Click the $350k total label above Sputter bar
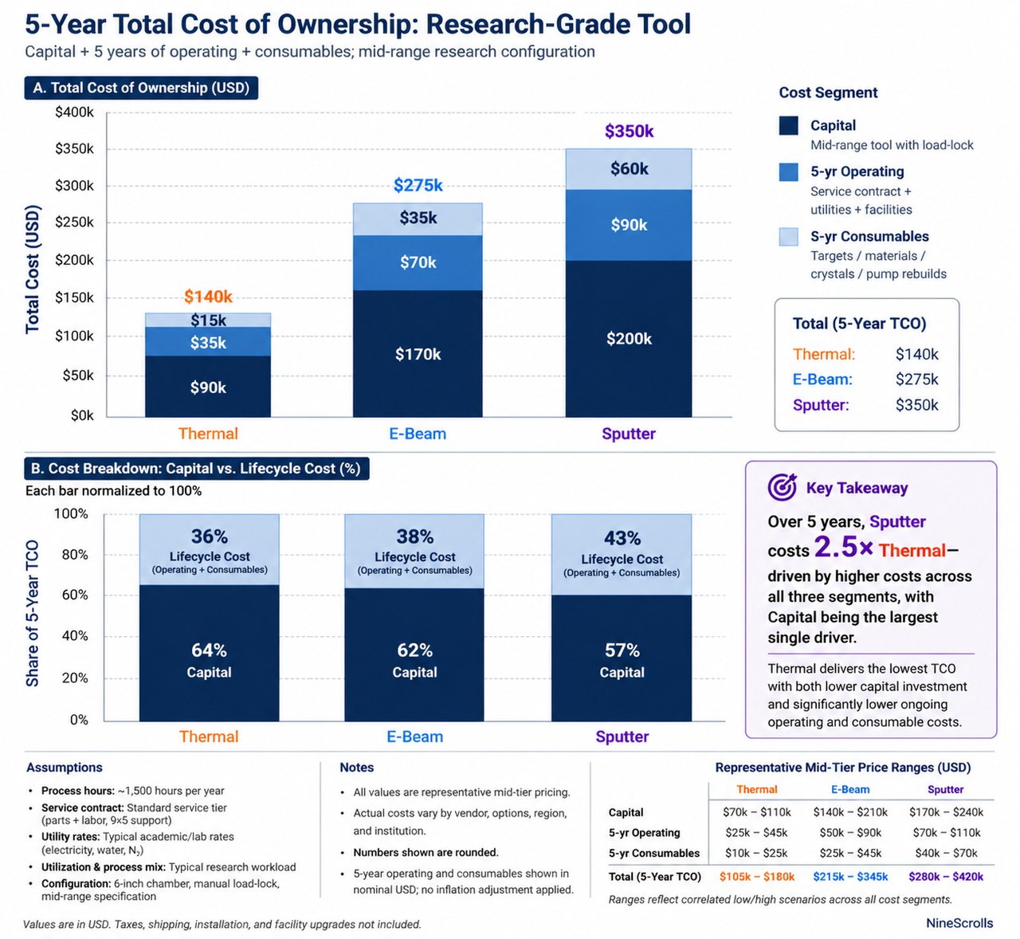click(x=629, y=132)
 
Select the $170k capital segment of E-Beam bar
click(x=418, y=354)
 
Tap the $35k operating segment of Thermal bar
click(x=208, y=343)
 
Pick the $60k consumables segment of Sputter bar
click(x=629, y=169)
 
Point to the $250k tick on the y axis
click(x=74, y=222)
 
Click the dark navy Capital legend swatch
click(x=788, y=126)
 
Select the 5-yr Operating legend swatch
click(x=788, y=172)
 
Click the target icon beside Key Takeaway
click(x=782, y=487)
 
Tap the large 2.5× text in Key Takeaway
click(x=843, y=548)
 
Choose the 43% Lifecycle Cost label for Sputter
click(x=622, y=539)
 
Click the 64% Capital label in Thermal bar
click(x=209, y=650)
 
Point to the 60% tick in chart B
click(x=75, y=595)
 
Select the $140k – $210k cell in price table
click(x=850, y=812)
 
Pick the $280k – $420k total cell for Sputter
click(x=945, y=877)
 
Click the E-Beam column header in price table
click(x=850, y=790)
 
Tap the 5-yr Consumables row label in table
click(x=653, y=853)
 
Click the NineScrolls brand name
click(x=959, y=923)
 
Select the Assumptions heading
click(x=65, y=768)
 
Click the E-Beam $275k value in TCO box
click(x=916, y=379)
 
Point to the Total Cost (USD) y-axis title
click(x=33, y=269)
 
